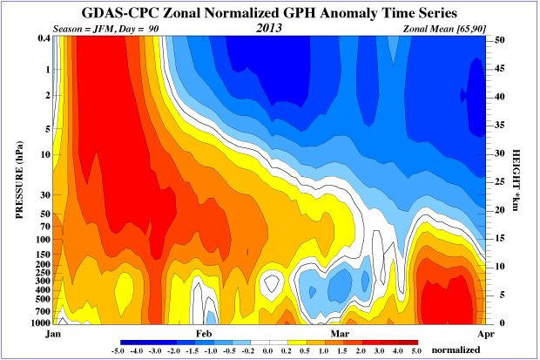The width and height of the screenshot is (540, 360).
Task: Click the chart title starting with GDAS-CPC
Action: coord(269,13)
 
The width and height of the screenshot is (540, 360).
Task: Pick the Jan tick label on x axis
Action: coord(51,333)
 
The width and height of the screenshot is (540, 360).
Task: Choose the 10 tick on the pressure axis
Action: coord(44,155)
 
